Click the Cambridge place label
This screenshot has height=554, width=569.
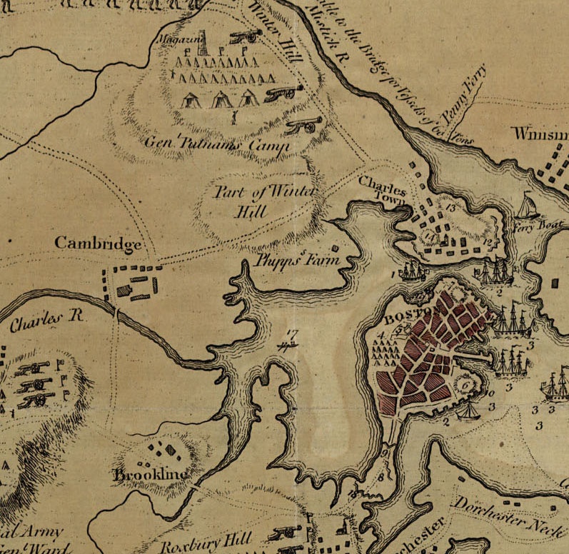(99, 243)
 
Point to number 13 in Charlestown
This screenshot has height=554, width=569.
(449, 207)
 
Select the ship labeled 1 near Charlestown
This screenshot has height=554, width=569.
(413, 271)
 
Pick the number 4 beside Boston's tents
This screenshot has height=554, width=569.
(381, 334)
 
